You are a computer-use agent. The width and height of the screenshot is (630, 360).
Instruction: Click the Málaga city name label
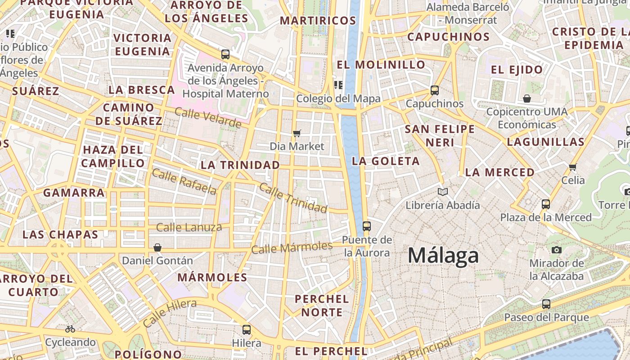click(443, 256)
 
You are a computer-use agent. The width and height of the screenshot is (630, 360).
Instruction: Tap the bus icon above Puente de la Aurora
click(367, 226)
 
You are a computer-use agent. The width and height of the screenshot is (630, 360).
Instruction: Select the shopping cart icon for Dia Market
click(297, 133)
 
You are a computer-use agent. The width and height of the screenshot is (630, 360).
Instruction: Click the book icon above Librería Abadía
click(443, 192)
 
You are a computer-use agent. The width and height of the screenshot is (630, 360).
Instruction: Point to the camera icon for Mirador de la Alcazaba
click(557, 250)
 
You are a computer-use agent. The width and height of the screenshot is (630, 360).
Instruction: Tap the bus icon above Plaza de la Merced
click(546, 204)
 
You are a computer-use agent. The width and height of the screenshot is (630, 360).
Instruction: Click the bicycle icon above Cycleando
click(70, 329)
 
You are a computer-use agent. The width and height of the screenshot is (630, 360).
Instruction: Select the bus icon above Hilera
click(246, 329)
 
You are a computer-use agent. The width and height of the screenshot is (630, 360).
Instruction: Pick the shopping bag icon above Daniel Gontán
click(157, 247)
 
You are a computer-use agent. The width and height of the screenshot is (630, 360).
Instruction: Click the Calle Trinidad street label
click(293, 198)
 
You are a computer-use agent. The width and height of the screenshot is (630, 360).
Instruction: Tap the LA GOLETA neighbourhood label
click(386, 161)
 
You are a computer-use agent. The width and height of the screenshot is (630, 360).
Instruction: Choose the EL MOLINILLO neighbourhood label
click(381, 65)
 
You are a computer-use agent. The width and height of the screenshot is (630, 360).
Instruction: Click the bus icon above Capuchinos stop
click(434, 90)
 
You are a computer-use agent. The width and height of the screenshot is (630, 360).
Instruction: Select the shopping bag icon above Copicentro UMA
click(527, 98)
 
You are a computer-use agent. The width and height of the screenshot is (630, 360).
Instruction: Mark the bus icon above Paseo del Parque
click(546, 304)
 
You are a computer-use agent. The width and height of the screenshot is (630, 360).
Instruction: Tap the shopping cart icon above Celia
click(572, 167)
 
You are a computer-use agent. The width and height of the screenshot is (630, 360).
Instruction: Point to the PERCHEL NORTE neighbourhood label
click(321, 306)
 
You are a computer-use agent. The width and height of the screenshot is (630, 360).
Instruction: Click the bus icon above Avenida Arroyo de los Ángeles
click(225, 54)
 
